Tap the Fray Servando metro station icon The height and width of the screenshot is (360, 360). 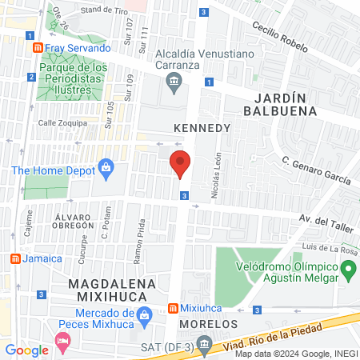pos(37,48)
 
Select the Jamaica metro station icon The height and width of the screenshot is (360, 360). pos(14,258)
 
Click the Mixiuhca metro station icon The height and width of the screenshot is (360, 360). pos(173,309)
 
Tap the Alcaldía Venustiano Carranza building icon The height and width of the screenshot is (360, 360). pos(174,82)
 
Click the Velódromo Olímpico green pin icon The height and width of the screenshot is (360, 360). pos(348,273)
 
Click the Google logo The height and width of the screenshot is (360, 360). pos(26,350)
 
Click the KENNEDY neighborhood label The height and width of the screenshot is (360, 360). pos(202,128)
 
